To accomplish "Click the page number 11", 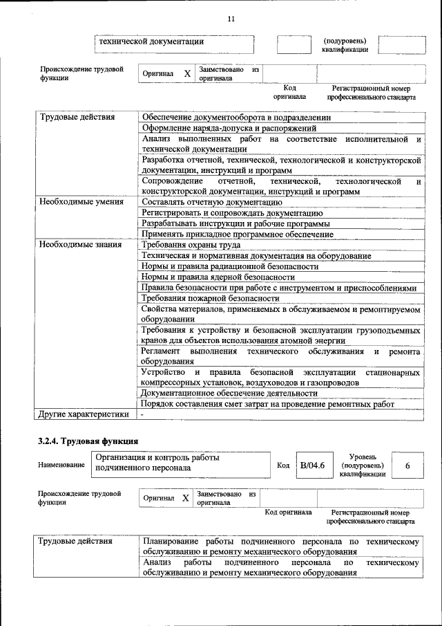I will click(231, 19).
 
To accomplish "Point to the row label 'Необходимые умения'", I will click(81, 202).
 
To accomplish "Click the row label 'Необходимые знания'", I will click(80, 244).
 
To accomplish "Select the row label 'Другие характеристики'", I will click(84, 414).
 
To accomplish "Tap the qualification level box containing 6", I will click(407, 466).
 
